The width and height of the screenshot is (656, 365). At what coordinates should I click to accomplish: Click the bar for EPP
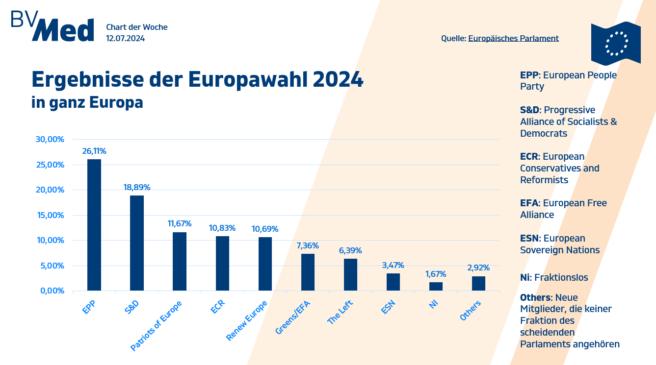[94, 225]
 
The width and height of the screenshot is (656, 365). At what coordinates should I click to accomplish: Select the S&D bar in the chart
[137, 243]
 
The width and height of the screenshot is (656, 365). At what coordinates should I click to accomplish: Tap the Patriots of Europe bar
[180, 261]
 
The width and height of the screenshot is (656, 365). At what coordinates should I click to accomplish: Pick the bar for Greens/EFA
[308, 272]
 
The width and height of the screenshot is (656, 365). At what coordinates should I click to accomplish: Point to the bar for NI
[436, 286]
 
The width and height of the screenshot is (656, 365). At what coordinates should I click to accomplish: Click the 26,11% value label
[94, 151]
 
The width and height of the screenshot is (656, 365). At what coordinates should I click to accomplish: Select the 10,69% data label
[265, 229]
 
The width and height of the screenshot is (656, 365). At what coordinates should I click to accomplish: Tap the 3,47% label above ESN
[393, 265]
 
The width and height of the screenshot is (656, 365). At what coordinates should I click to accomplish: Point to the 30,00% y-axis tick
[50, 139]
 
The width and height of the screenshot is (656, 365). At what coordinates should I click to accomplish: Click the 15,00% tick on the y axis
[50, 215]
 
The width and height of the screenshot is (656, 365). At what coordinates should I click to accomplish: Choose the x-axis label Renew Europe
[247, 320]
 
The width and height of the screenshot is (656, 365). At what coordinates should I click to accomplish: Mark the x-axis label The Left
[341, 312]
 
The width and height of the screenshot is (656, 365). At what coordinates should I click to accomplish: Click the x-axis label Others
[470, 311]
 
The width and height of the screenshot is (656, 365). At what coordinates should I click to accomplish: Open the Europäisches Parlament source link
[513, 38]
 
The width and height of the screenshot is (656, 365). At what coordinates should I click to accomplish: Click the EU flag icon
[616, 43]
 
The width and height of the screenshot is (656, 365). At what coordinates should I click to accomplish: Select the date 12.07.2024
[125, 38]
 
